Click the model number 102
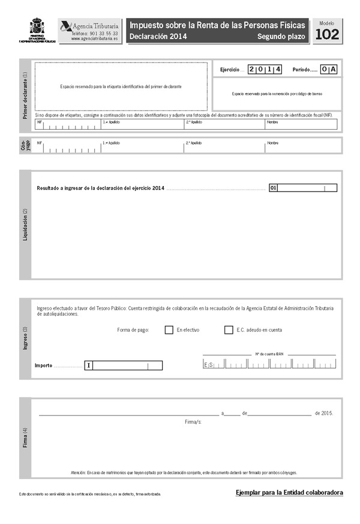pos(326,35)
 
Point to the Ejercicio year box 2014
pos(265,70)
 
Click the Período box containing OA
pos(329,70)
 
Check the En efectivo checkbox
pos(169,330)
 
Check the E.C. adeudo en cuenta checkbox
pos(229,330)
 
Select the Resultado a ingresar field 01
pos(303,188)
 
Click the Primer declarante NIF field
pos(68,125)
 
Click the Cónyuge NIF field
pos(68,146)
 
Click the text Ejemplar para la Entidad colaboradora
pos(289,493)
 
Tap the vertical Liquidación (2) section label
pos(25,224)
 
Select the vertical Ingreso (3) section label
pos(25,339)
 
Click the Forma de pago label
pos(134,330)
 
